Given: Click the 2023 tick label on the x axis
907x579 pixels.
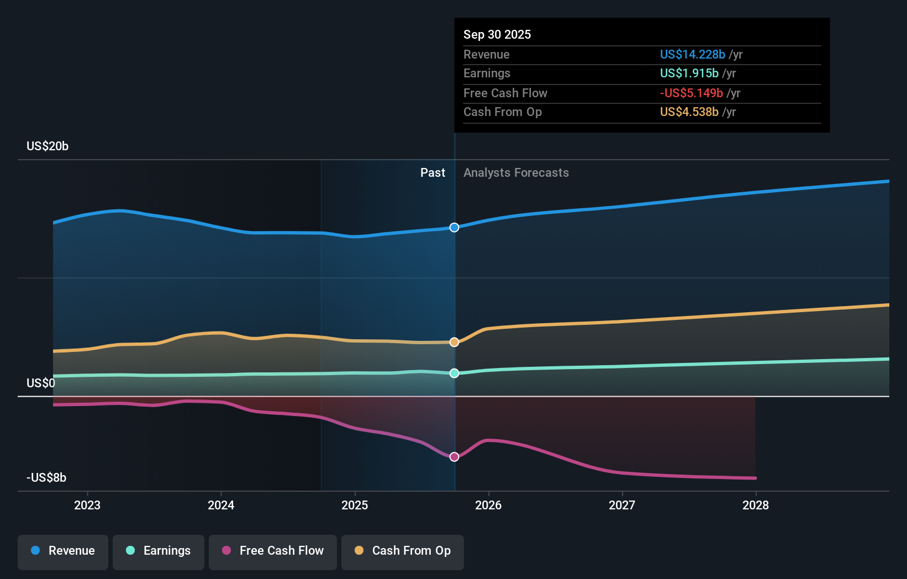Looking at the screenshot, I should point(87,505).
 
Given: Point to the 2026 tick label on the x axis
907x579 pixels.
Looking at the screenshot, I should point(488,505).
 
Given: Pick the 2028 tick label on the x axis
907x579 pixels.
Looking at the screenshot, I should point(755,505).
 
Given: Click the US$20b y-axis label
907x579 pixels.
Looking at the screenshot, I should point(48,146).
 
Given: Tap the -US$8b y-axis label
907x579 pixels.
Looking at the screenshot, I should point(46,477).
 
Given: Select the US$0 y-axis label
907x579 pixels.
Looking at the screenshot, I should point(41,383).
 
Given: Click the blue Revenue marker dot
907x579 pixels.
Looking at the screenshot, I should point(454,228).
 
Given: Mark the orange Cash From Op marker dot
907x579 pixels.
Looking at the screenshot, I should point(454,342).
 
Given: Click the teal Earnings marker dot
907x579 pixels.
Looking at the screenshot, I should point(454,373).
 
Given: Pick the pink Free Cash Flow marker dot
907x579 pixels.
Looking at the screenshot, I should point(454,457).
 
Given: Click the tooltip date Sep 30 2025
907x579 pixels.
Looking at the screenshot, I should point(497,34).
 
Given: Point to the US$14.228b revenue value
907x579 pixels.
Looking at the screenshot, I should point(692,54).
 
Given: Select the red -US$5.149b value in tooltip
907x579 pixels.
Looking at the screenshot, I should point(691,93).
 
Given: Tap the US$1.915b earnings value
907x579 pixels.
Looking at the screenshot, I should point(689,73).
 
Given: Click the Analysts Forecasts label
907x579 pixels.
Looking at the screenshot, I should point(516,172).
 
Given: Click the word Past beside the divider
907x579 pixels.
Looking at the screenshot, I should point(433,172).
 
